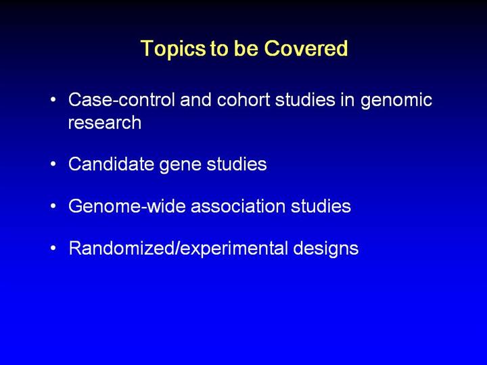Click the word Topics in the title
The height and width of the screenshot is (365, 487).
[x=173, y=49]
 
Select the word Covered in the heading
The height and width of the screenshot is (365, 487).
[x=306, y=49]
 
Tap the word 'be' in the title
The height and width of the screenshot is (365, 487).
[x=246, y=49]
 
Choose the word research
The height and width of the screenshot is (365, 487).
[x=105, y=122]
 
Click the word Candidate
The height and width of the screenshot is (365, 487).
[x=111, y=164]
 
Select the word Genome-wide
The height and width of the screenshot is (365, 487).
[x=127, y=206]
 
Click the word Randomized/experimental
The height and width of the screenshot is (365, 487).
[x=179, y=249]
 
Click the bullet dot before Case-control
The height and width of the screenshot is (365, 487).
[x=53, y=100]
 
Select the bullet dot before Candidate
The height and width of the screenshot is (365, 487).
[x=53, y=164]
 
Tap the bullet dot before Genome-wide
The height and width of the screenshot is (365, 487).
[x=53, y=206]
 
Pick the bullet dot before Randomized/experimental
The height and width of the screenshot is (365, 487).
[x=53, y=248]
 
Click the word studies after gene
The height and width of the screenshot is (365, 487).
[x=237, y=164]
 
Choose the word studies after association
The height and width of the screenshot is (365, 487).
[x=321, y=206]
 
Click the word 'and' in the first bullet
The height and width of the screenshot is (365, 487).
[x=195, y=100]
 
